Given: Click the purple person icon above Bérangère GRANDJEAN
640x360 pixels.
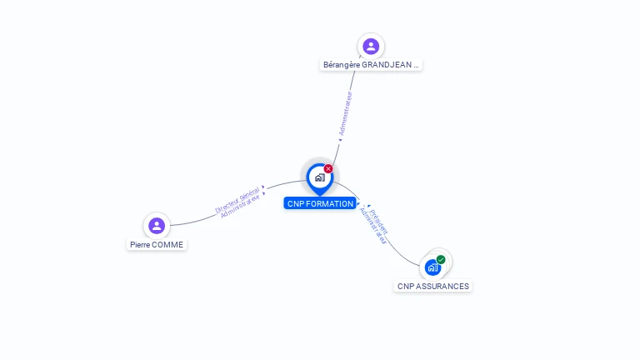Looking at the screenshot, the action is [x=371, y=46].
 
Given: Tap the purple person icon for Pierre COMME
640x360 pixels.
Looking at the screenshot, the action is [x=157, y=225].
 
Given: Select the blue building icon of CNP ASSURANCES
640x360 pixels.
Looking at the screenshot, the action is [x=432, y=267].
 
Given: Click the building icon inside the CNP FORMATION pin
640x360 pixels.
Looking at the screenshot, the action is [x=320, y=177].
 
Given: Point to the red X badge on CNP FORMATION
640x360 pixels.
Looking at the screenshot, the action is [x=328, y=168].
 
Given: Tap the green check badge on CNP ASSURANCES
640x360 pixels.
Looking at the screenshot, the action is [x=441, y=260].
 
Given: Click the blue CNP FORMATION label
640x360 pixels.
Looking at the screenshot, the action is [x=320, y=203].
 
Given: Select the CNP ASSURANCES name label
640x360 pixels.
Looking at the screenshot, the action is [x=433, y=286].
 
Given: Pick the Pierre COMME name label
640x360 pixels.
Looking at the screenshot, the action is [x=157, y=244].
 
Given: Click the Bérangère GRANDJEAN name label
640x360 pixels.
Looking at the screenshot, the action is [x=371, y=64].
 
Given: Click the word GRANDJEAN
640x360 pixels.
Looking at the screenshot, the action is [x=387, y=64].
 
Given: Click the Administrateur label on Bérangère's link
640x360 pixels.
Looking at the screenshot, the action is [x=345, y=113].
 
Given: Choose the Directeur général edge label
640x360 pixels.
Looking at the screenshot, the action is [x=237, y=200].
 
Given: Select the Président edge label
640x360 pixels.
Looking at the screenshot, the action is [x=379, y=222].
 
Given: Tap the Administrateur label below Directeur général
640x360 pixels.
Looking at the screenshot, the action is [x=240, y=206].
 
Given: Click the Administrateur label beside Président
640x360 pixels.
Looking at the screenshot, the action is [x=372, y=226].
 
